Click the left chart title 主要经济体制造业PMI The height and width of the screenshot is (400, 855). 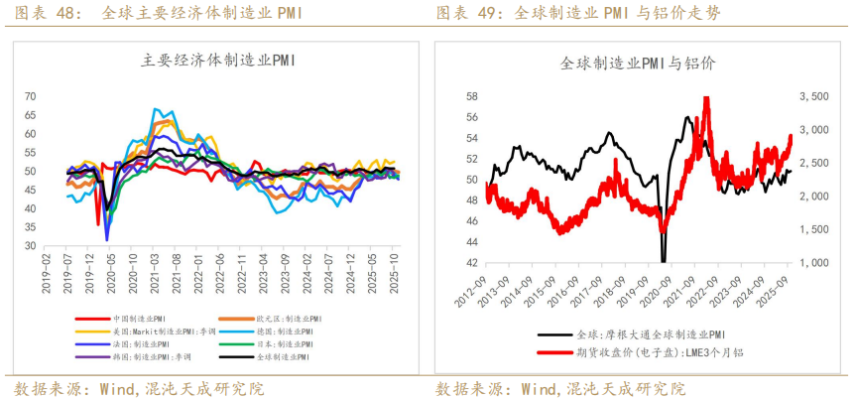click(x=220, y=61)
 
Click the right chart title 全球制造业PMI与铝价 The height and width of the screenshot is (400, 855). click(x=639, y=63)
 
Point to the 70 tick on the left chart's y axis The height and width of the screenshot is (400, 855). click(x=30, y=96)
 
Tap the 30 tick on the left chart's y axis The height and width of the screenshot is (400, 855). click(x=30, y=246)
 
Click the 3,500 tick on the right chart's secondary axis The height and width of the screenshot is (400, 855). click(x=813, y=96)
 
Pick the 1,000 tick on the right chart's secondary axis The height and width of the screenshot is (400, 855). click(x=813, y=263)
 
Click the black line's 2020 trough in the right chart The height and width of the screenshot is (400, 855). click(x=664, y=260)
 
